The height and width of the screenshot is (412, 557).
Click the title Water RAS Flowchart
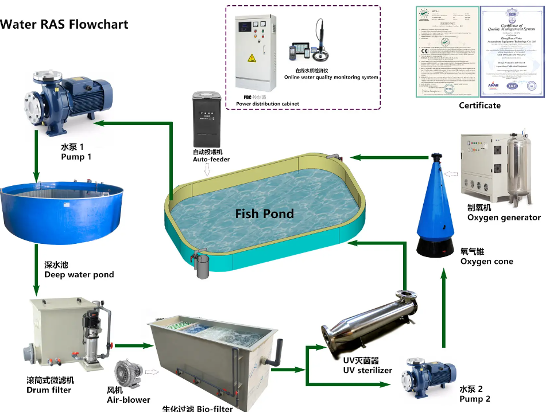coord(64,24)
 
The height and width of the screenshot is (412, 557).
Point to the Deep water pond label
coord(79,274)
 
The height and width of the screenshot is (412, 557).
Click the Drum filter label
coord(49,390)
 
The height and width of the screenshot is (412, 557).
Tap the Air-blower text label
coord(129,400)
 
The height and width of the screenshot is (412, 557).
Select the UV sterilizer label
coord(368,370)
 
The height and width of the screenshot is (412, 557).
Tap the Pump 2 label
coord(474,399)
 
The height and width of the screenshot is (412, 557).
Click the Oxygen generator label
coord(504,217)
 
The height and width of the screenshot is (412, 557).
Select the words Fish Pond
coord(264,214)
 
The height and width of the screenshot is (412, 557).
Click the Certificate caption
coord(479,106)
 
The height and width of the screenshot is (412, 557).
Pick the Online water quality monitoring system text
coord(331,77)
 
